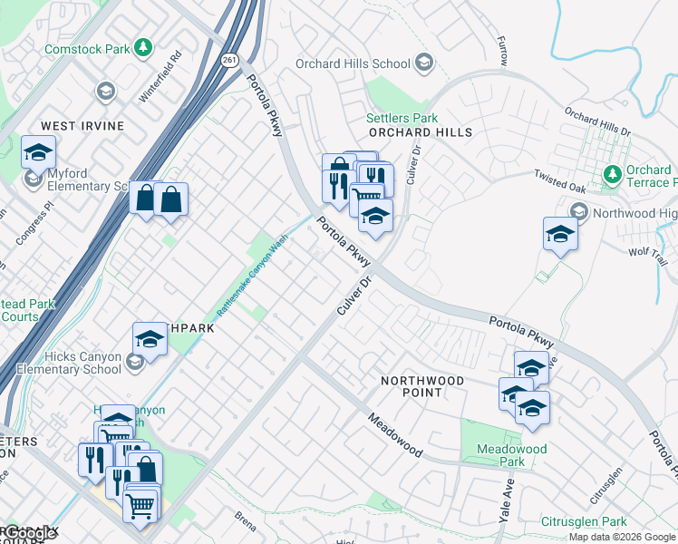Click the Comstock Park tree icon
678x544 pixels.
coord(142,46)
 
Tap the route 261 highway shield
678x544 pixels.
coord(229,60)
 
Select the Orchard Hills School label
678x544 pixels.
coord(354,63)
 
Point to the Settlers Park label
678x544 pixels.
coord(402,118)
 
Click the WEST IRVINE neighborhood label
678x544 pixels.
coord(81,125)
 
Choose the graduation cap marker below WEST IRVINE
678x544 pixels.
coord(38,151)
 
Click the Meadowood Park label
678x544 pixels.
coord(512,455)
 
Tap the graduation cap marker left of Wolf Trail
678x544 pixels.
coord(560,234)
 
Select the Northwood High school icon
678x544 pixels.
coord(578,212)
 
